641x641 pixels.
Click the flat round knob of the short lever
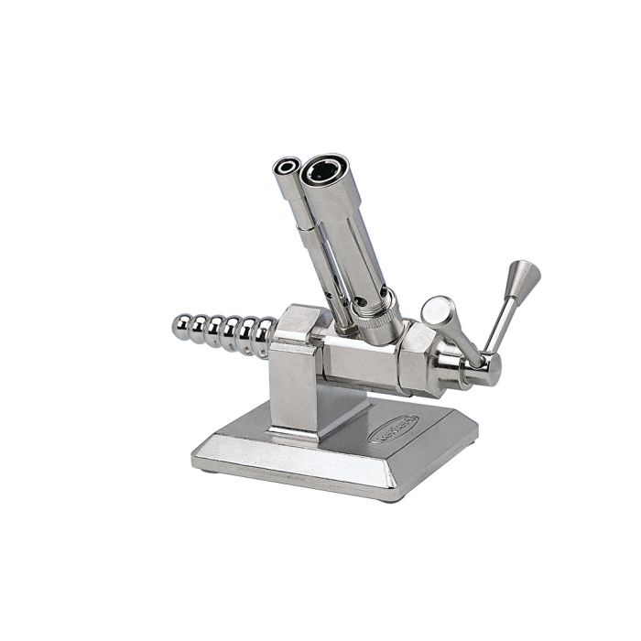(x=437, y=309)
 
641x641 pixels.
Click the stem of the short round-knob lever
(x=458, y=334)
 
